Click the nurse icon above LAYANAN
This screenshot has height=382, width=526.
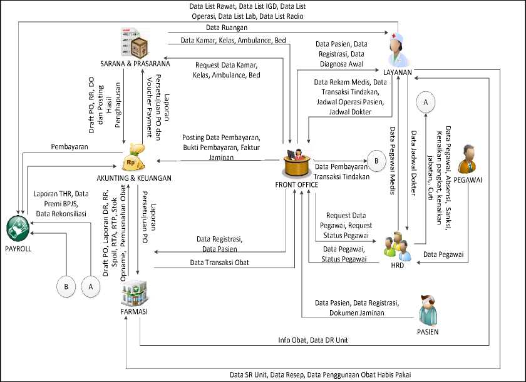[398, 49]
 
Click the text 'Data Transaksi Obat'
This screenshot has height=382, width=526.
[219, 263]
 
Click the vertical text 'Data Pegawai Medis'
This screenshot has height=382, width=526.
[393, 162]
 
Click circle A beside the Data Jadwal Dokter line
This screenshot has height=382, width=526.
[426, 101]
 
